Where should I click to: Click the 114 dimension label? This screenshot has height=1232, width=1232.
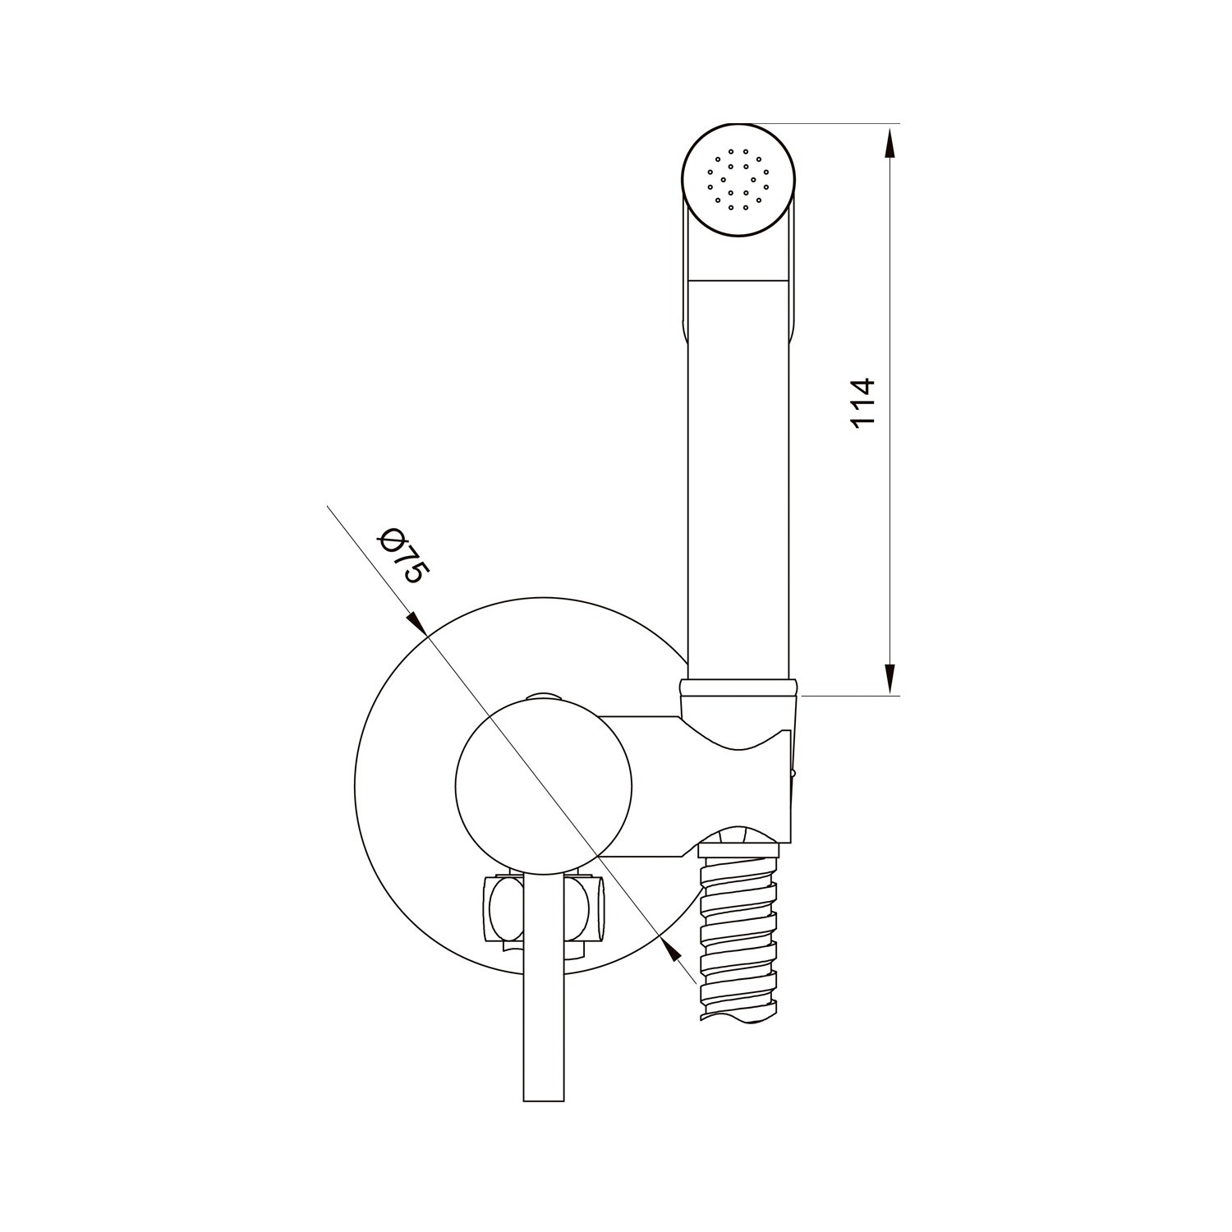tap(863, 402)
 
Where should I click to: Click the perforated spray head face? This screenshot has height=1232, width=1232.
tap(739, 182)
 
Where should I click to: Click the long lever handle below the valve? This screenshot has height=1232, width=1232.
tap(545, 986)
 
